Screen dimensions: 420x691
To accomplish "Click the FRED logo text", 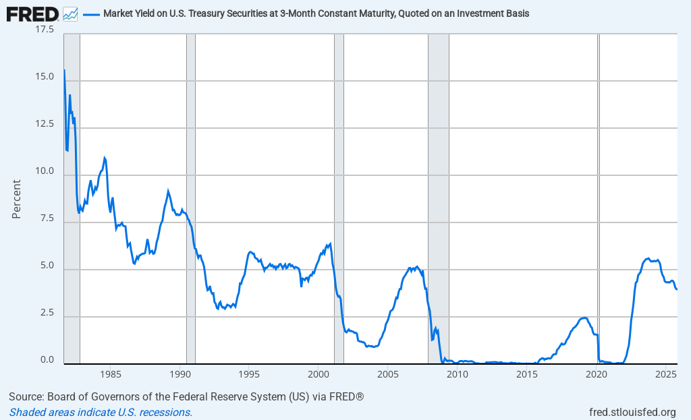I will point(32,13).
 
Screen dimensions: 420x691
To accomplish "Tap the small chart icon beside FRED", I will point(70,13).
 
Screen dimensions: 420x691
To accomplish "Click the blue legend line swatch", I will point(91,13).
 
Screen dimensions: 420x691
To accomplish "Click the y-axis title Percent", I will point(17,199).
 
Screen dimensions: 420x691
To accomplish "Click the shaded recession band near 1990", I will point(191,202).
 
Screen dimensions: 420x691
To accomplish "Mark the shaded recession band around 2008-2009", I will point(439,202).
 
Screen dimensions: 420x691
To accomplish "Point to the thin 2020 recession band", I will point(599,202).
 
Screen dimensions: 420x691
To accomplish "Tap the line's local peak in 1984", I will point(105,158).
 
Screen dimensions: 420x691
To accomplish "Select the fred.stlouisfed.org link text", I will point(632,412).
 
